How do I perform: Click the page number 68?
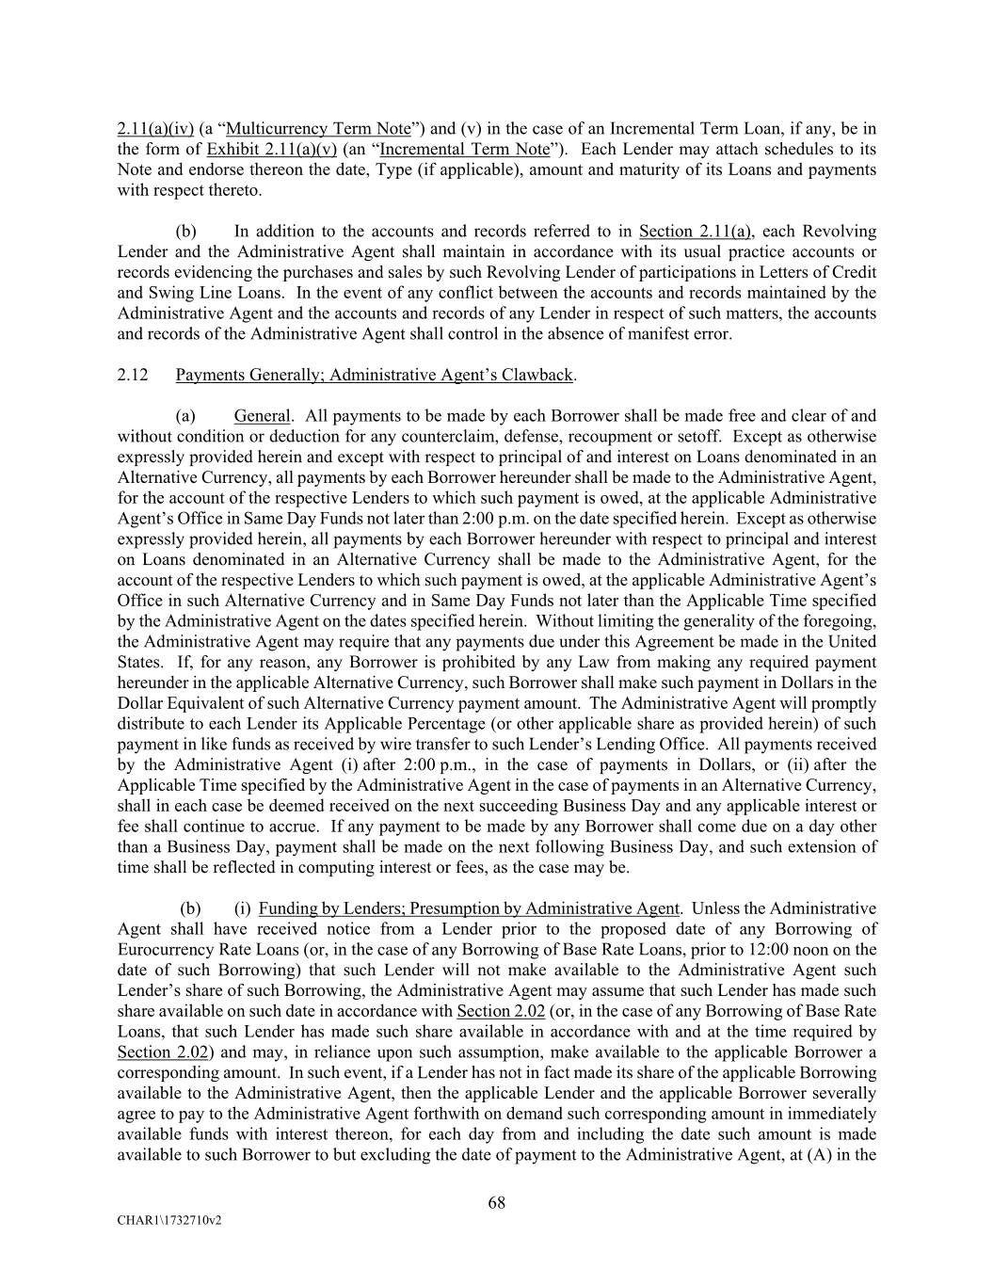pyautogui.click(x=497, y=1202)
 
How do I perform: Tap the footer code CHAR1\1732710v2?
pyautogui.click(x=169, y=1220)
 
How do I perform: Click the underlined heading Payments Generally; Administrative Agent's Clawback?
pyautogui.click(x=374, y=375)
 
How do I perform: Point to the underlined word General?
pyautogui.click(x=262, y=416)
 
